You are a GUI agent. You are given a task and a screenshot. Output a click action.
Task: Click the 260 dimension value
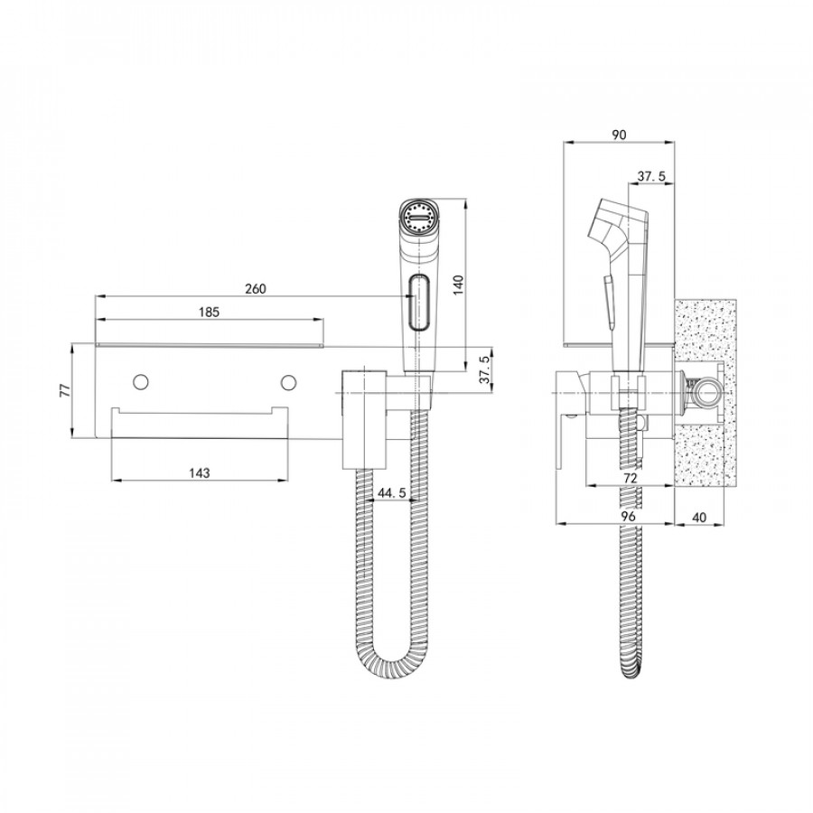(x=256, y=288)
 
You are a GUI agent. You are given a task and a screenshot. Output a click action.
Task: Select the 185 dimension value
(x=210, y=312)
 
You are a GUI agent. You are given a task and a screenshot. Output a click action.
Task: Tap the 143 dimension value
(x=201, y=472)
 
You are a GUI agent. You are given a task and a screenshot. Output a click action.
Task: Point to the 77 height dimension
(x=64, y=390)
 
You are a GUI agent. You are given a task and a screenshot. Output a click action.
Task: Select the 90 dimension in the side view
(x=619, y=135)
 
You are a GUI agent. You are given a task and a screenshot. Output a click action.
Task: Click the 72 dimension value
(x=631, y=477)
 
